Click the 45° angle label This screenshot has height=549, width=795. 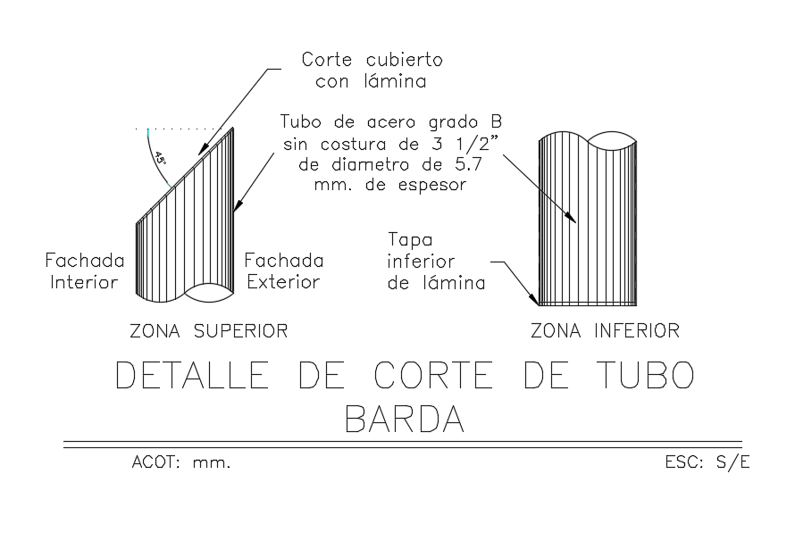pos(161,160)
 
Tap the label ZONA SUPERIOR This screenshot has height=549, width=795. pos(209,331)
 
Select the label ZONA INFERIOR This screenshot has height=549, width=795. pos(605,331)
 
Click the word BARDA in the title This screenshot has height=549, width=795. pos(405,417)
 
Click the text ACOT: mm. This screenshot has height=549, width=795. pos(181,463)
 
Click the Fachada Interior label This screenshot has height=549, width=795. pos(81,271)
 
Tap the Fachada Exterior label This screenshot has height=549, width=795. pos(284,271)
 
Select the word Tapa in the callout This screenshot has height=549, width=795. pos(409,241)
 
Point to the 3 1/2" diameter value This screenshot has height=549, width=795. pos(475,144)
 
